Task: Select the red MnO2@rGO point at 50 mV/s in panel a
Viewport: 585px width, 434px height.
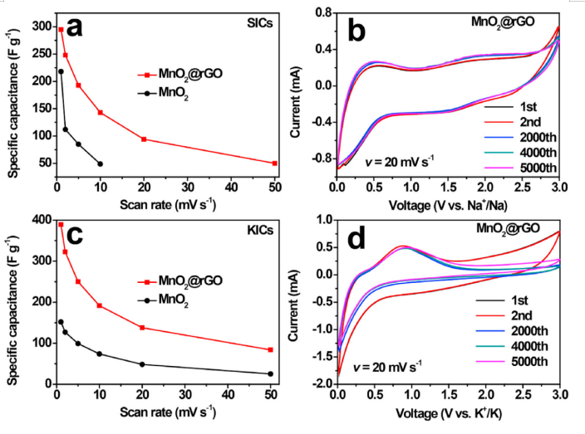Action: pyautogui.click(x=274, y=163)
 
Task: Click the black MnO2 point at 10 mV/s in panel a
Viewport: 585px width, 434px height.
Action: pyautogui.click(x=101, y=164)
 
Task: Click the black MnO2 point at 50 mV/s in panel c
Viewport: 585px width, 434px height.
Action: pyautogui.click(x=274, y=373)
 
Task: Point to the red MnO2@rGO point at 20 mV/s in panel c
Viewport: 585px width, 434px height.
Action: pyautogui.click(x=144, y=328)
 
